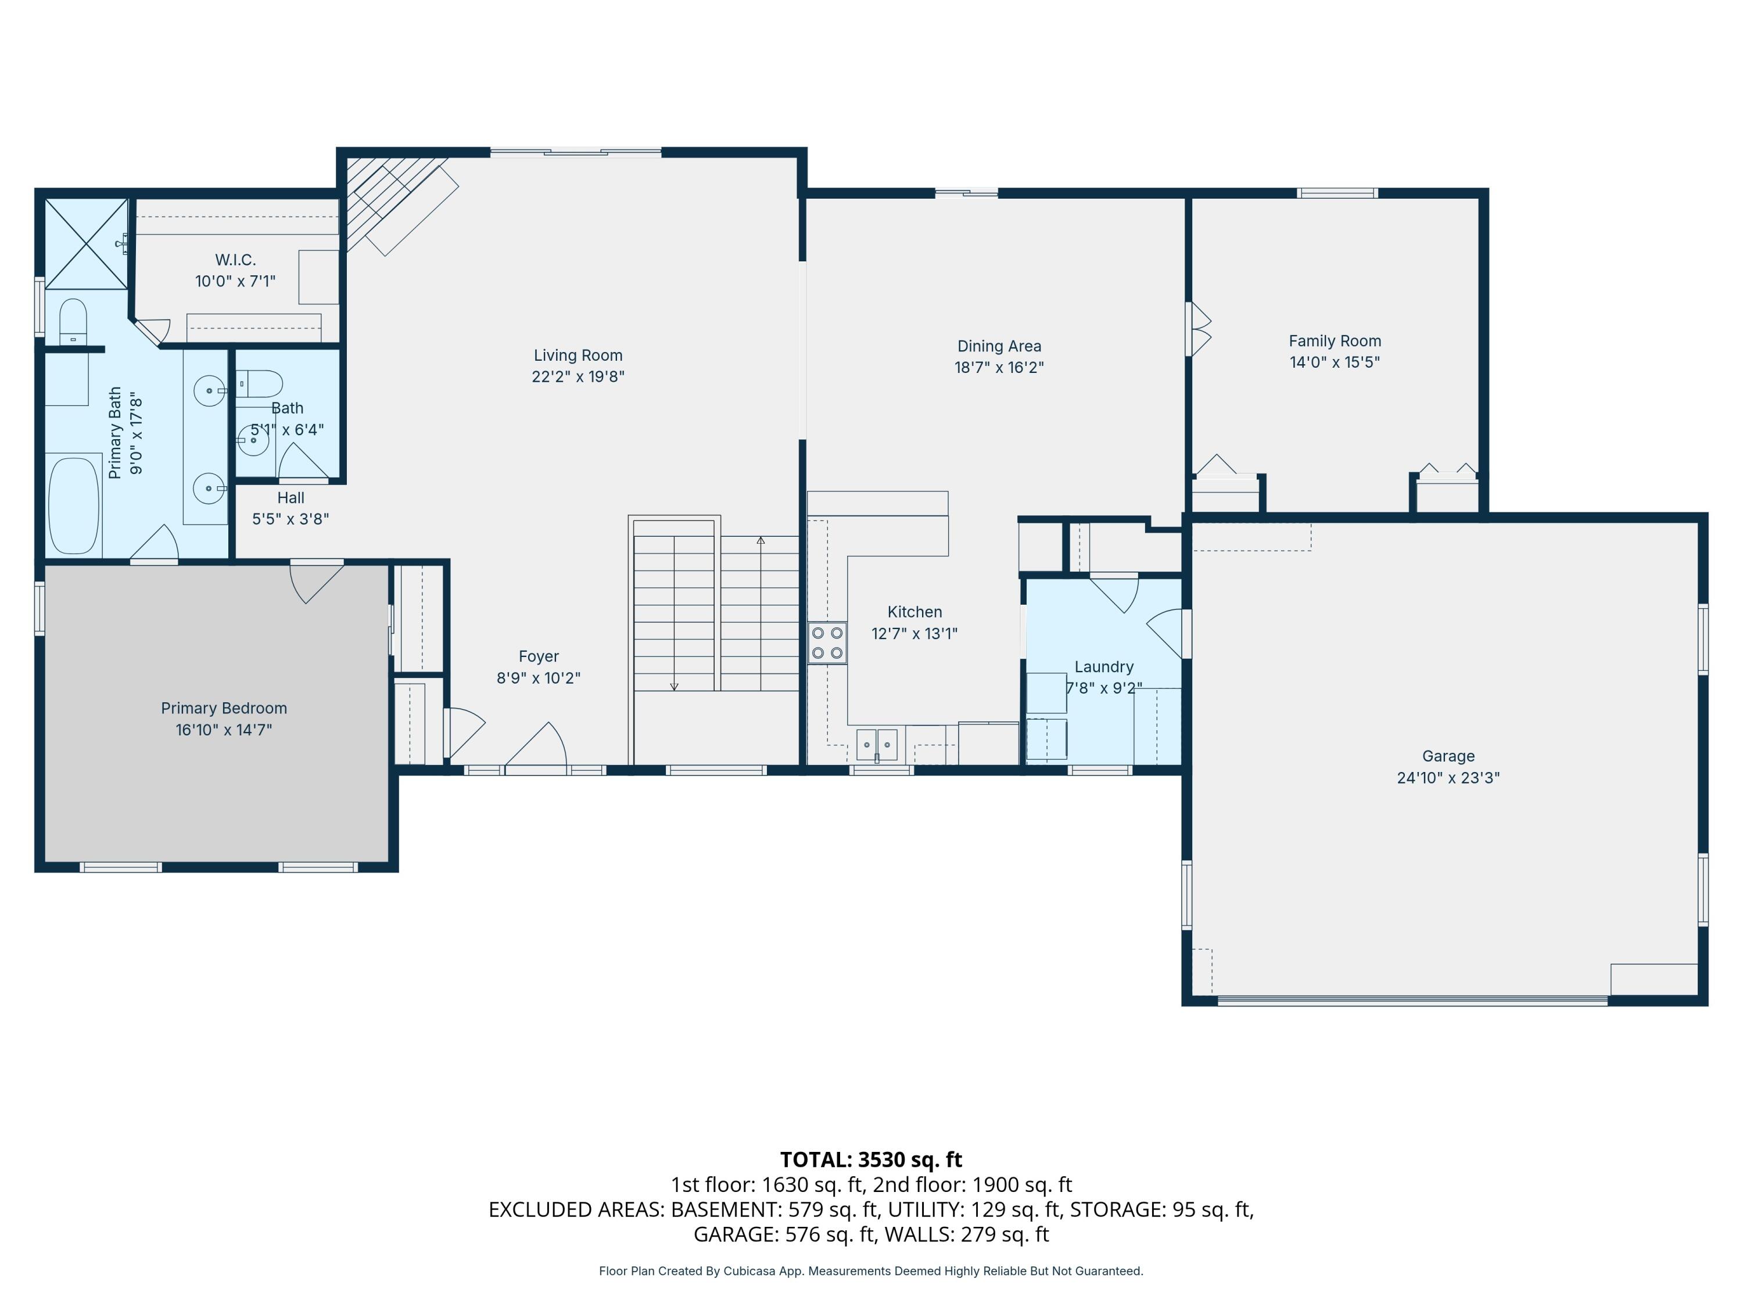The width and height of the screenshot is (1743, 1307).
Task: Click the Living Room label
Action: [578, 356]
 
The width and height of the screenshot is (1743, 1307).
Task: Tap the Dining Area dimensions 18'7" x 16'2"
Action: [999, 367]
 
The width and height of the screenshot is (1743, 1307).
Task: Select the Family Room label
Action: [1335, 341]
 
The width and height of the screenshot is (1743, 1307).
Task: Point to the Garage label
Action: [1448, 756]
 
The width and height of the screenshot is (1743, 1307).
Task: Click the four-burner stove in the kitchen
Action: [827, 643]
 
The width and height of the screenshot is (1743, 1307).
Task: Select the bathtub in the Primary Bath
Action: [74, 504]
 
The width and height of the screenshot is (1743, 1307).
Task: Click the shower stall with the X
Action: [86, 243]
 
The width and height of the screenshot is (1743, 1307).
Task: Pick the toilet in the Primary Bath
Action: [73, 321]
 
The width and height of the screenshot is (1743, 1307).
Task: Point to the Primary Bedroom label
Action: [224, 708]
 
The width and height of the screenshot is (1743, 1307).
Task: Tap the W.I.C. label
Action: [236, 260]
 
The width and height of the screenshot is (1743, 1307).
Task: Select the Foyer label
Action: [539, 656]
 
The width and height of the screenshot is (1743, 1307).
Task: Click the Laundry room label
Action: [1104, 667]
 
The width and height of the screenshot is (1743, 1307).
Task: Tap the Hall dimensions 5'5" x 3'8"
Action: [290, 519]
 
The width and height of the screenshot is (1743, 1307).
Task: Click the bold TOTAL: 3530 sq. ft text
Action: [871, 1159]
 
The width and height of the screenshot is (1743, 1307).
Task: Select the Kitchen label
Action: [915, 612]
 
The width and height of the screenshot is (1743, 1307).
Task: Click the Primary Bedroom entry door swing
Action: [316, 584]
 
